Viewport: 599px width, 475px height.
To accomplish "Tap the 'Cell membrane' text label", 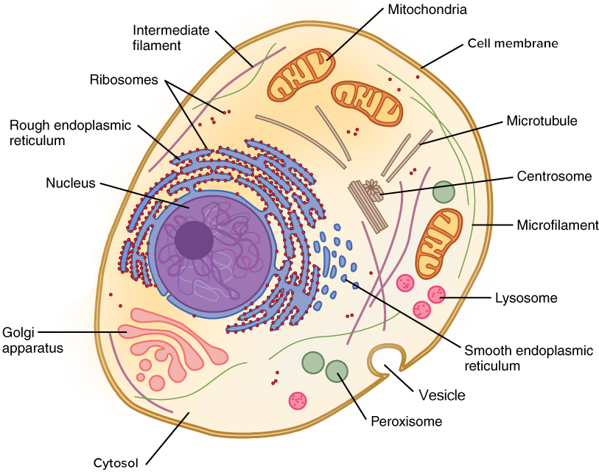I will click(x=513, y=43).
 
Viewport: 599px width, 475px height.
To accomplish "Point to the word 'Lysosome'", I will click(x=525, y=298).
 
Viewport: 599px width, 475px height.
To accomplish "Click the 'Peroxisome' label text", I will click(x=406, y=422).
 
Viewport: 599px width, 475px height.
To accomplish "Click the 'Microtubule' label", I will click(x=541, y=121).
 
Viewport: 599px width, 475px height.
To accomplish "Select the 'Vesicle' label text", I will click(x=442, y=395).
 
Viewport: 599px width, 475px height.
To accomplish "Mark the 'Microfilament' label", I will click(x=558, y=225).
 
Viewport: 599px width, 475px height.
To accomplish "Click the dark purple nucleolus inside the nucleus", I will click(x=195, y=239).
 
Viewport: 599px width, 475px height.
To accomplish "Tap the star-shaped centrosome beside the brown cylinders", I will click(x=374, y=191).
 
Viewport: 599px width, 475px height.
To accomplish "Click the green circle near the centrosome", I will click(x=444, y=192).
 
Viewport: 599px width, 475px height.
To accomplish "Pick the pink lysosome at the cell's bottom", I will click(x=298, y=401).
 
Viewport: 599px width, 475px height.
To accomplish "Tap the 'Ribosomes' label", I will click(x=124, y=80).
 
